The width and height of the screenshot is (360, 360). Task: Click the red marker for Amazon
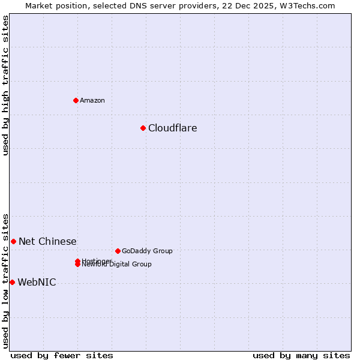pyautogui.click(x=76, y=100)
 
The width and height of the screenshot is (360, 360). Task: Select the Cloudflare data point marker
pyautogui.click(x=143, y=128)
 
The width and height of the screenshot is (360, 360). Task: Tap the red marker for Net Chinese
pyautogui.click(x=13, y=241)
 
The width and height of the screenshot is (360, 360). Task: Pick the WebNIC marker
pyautogui.click(x=12, y=282)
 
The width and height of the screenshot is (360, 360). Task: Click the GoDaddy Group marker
pyautogui.click(x=118, y=251)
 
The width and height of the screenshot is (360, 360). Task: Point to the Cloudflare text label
pyautogui.click(x=172, y=128)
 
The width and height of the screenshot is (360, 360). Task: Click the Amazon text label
pyautogui.click(x=92, y=100)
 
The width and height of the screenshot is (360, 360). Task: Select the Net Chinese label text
pyautogui.click(x=47, y=241)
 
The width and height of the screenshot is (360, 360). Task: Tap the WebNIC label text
pyautogui.click(x=37, y=282)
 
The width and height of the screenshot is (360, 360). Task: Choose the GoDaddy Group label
pyautogui.click(x=147, y=251)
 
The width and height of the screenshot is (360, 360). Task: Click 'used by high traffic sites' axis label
pyautogui.click(x=5, y=85)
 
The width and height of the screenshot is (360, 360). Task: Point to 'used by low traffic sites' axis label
pyautogui.click(x=5, y=280)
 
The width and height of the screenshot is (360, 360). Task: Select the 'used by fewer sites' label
pyautogui.click(x=62, y=355)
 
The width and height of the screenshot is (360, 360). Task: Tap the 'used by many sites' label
pyautogui.click(x=301, y=355)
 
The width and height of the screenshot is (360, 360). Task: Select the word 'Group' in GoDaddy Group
pyautogui.click(x=162, y=251)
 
